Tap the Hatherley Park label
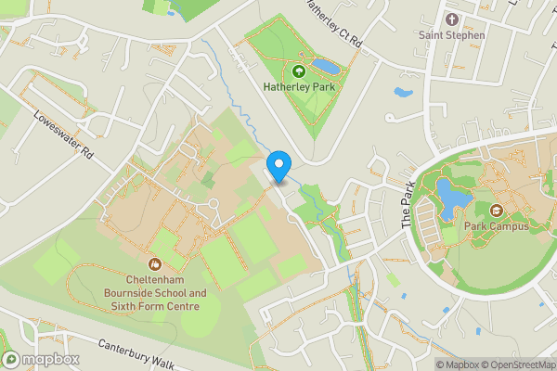[299, 87]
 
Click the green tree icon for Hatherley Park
[299, 70]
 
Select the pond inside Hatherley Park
[326, 66]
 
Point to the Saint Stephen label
[452, 35]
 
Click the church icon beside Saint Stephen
[452, 19]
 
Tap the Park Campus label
[496, 226]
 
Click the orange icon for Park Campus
[496, 211]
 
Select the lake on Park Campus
[450, 197]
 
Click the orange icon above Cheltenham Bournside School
[155, 263]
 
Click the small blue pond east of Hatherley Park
[402, 93]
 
